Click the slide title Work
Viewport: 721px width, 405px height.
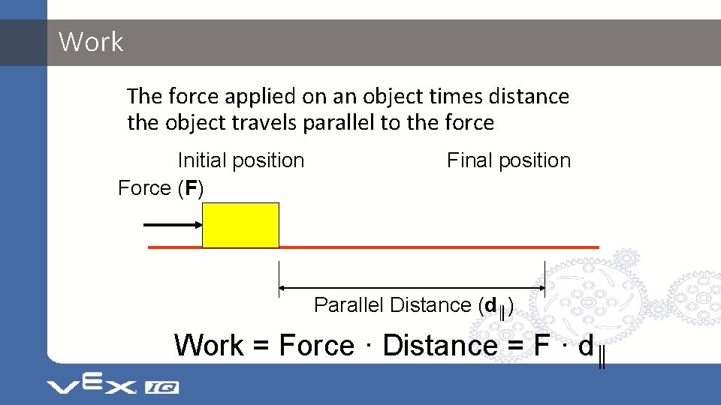[x=91, y=42]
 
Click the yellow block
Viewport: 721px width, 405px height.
[x=240, y=225]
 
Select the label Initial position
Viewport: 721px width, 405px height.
[x=240, y=160]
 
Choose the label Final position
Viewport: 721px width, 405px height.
[x=508, y=160]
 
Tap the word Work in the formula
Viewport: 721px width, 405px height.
[x=209, y=346]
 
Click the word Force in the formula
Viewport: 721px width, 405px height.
[x=316, y=346]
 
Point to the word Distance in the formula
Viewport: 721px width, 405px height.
[x=439, y=346]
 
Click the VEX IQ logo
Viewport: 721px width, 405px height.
[x=113, y=385]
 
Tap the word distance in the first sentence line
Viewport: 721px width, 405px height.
[x=529, y=97]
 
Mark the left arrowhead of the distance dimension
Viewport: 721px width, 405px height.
[x=282, y=287]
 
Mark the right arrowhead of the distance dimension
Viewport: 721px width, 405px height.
[x=540, y=287]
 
